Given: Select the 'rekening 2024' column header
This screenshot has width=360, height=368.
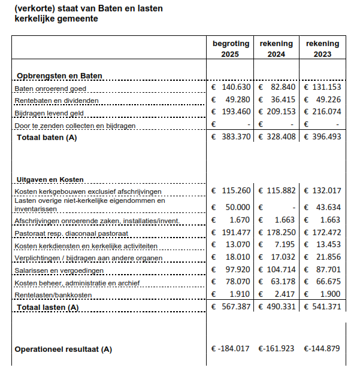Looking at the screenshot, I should (x=276, y=48).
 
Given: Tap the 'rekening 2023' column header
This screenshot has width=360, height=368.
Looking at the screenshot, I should (x=322, y=48).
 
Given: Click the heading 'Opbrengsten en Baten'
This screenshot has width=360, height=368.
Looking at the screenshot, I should (x=59, y=76).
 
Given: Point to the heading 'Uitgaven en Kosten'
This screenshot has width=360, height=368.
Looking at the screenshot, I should (x=50, y=180).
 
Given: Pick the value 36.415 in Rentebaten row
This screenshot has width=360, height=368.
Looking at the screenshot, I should (x=282, y=100).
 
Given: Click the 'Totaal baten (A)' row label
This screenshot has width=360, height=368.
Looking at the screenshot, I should (x=47, y=138).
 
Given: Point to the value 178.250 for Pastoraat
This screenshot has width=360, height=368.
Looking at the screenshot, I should (x=282, y=232).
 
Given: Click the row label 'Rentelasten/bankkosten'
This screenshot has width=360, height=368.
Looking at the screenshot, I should (x=55, y=294).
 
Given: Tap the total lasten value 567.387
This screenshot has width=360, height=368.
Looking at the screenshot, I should (x=235, y=306).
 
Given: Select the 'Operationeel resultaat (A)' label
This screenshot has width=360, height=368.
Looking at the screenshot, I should (x=63, y=349).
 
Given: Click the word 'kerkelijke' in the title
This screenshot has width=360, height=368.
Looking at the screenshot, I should (x=34, y=19).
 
